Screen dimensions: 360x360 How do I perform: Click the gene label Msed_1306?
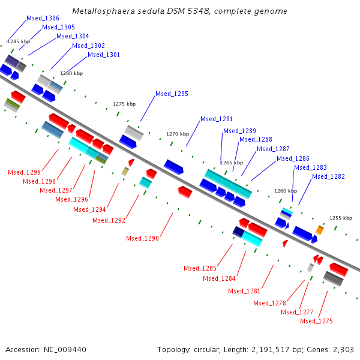pos(43,19)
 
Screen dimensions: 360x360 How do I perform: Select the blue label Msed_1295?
pos(172,94)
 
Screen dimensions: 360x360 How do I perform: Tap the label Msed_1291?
pos(216,119)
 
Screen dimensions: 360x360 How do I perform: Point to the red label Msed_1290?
pos(142,238)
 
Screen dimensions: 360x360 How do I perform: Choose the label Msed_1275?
pos(316,321)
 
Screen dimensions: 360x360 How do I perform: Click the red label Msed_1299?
pos(24,172)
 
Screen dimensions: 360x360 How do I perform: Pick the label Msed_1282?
pos(328,176)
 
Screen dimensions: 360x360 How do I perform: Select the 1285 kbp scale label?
pos(19,41)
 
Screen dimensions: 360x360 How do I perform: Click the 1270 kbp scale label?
pos(178,134)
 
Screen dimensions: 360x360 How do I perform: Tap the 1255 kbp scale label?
pos(341,218)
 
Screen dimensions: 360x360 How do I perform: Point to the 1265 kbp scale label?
pos(232,163)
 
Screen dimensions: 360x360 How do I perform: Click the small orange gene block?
pos(320,230)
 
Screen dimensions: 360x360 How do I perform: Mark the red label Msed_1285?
pos(200,268)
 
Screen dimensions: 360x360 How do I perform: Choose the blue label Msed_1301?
pos(104,55)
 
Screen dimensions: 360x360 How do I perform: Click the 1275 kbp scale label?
pos(124,104)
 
